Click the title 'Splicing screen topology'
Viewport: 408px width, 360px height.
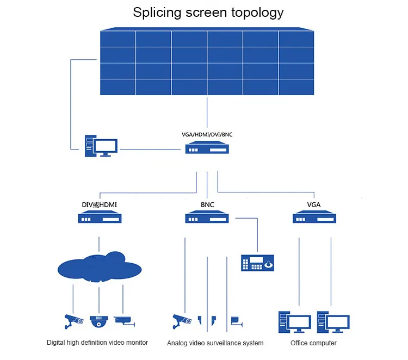tap(208, 13)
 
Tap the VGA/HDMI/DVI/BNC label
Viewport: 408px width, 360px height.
tap(207, 133)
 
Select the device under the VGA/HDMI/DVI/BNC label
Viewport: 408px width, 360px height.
tap(207, 148)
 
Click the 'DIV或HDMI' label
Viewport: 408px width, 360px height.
tap(99, 204)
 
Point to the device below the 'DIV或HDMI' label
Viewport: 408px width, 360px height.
tap(99, 219)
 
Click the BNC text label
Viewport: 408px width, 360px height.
tap(207, 204)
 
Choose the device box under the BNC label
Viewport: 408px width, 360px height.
tap(207, 219)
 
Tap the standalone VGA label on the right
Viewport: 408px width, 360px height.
tap(314, 204)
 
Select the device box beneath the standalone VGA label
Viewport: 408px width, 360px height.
tap(314, 219)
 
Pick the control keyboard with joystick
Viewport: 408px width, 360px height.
tap(257, 263)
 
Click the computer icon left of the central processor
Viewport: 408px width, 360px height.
tap(101, 147)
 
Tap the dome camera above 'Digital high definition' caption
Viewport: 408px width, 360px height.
tap(99, 321)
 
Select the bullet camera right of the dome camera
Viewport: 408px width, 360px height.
tap(125, 320)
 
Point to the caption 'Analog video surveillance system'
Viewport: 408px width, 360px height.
tap(215, 343)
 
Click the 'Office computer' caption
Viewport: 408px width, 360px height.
tap(313, 343)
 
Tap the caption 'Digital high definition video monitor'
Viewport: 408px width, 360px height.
tap(97, 343)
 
